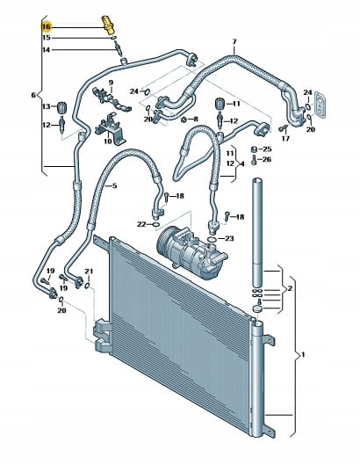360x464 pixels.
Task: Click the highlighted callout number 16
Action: coord(47,27)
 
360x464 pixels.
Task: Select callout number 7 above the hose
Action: coord(234,42)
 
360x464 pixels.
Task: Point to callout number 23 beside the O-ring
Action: coord(229,238)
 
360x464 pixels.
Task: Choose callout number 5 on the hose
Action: coord(115,185)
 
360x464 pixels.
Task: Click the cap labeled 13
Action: coord(61,107)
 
